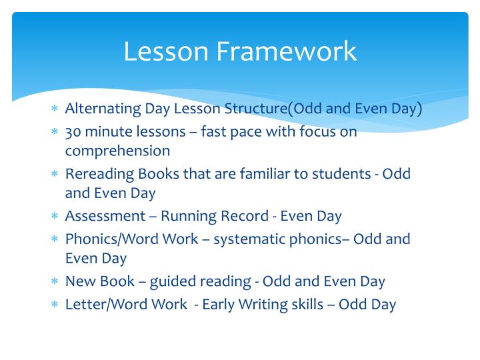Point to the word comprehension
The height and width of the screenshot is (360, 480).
click(x=117, y=151)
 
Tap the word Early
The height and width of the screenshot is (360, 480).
click(x=219, y=305)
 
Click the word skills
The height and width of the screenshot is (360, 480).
click(x=311, y=305)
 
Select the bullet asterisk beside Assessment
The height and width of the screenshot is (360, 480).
click(x=55, y=217)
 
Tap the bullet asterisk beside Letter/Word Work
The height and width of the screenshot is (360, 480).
click(x=55, y=305)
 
